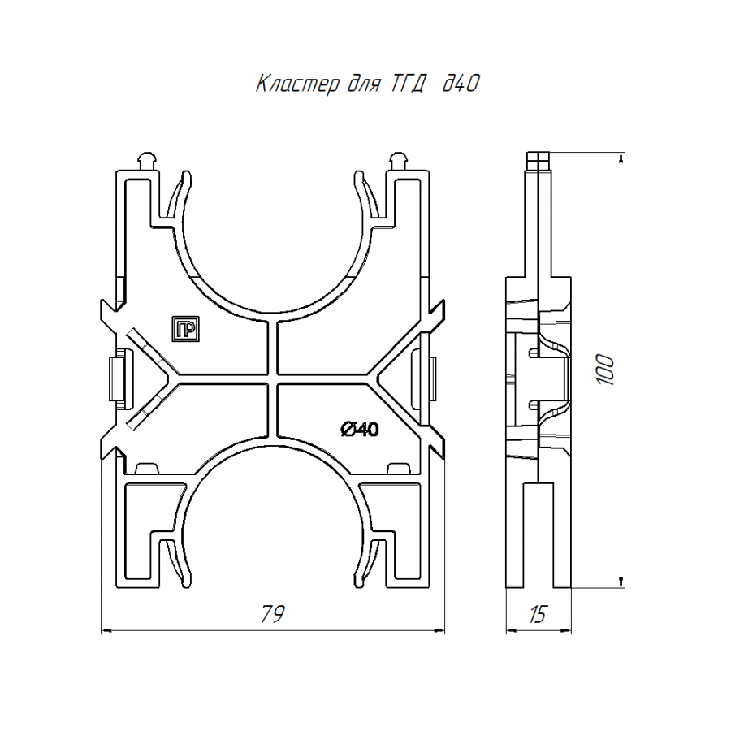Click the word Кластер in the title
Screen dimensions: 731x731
click(x=298, y=84)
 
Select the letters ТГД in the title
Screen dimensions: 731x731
click(x=407, y=84)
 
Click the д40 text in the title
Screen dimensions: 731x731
click(x=461, y=84)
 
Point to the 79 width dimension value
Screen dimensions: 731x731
click(x=272, y=614)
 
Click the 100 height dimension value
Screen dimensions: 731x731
click(x=606, y=370)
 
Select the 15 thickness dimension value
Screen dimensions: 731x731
click(x=537, y=615)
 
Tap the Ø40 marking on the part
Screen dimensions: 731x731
click(x=360, y=428)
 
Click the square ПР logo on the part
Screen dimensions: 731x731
click(x=185, y=329)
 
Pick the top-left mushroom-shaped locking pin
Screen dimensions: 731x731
click(x=147, y=161)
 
